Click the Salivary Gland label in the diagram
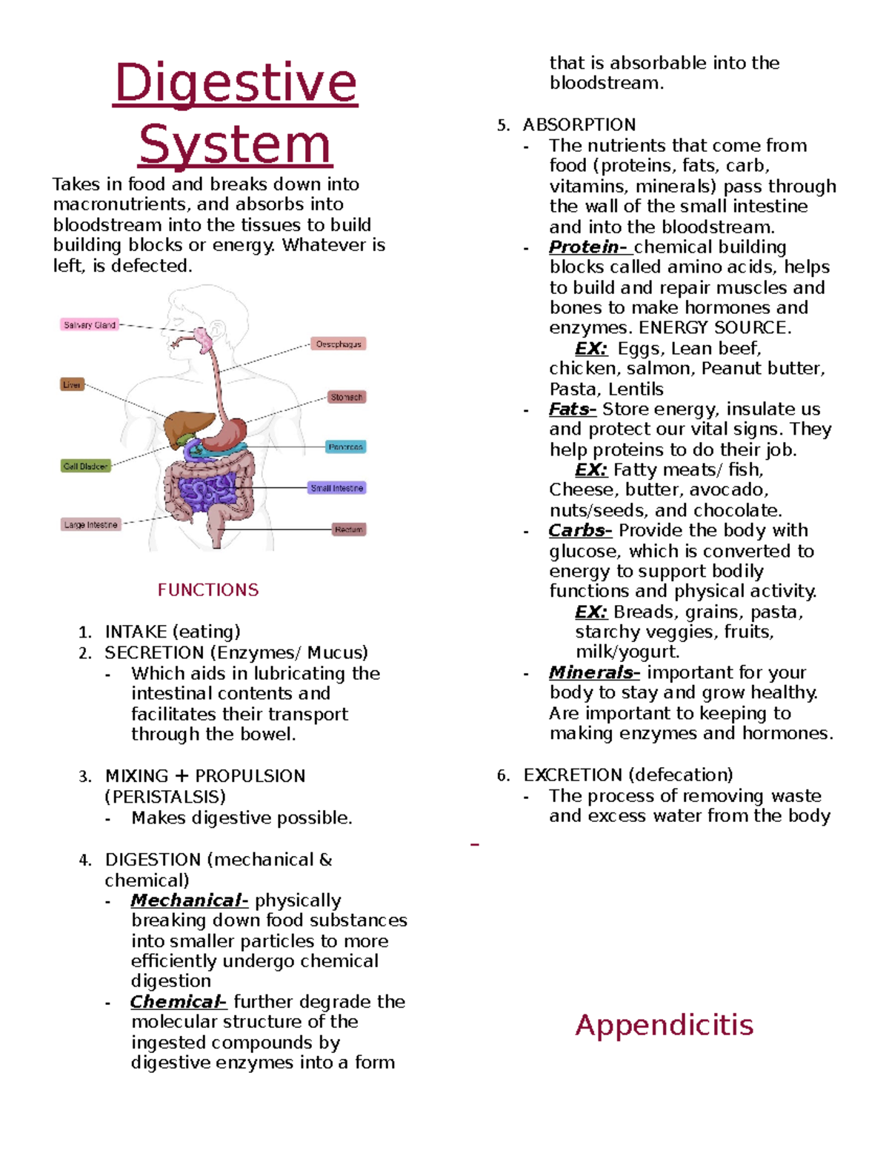[x=90, y=324]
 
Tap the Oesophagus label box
[x=339, y=344]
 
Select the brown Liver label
[x=72, y=384]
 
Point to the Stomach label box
[x=346, y=397]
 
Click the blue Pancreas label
[x=345, y=447]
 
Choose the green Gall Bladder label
[x=85, y=466]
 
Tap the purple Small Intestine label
[x=337, y=488]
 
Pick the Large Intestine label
[x=90, y=524]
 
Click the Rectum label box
[x=348, y=529]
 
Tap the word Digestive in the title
[x=236, y=83]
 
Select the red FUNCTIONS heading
[x=208, y=590]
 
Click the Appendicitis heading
[x=664, y=1025]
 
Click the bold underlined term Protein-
[x=588, y=247]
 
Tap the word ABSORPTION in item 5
[x=579, y=124]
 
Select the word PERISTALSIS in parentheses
[x=165, y=797]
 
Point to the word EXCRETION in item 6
[x=573, y=775]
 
